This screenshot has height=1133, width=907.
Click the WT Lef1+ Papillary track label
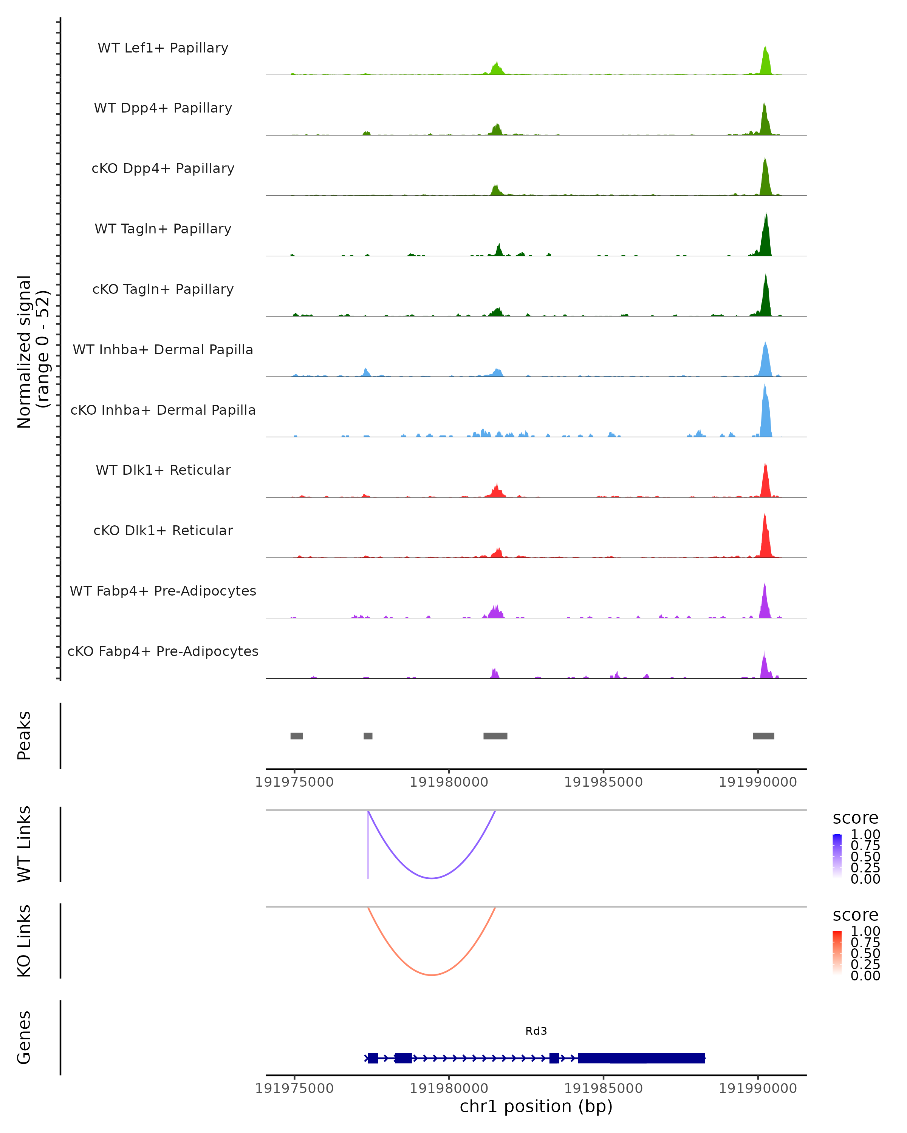pos(163,48)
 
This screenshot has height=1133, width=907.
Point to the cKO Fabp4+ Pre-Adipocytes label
pos(163,651)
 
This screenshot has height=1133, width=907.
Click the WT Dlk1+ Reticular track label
pos(163,470)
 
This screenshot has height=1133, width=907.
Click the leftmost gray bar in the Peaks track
pos(297,736)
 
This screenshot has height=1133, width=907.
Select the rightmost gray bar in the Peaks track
pos(763,736)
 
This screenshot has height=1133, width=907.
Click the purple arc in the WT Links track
pos(431,878)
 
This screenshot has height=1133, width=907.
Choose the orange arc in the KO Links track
pos(431,975)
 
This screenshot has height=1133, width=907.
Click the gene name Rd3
pos(536,1031)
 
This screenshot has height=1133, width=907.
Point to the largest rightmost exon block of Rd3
pos(641,1058)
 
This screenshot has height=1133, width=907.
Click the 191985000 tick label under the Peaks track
pos(603,783)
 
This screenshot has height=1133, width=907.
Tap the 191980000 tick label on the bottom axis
pos(449,1088)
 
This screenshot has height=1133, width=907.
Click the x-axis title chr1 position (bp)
pos(536,1106)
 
